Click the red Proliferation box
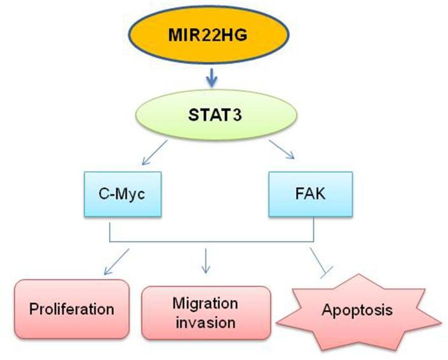click(x=71, y=309)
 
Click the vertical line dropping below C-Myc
click(x=111, y=229)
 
